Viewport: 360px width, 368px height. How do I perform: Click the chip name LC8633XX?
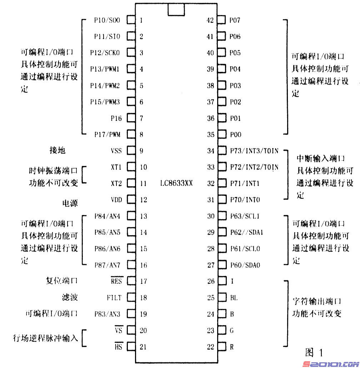coord(176,183)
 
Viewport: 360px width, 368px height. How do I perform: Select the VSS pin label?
coord(116,151)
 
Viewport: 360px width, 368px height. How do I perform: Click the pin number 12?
coord(143,200)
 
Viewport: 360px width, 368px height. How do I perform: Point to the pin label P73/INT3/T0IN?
coord(254,151)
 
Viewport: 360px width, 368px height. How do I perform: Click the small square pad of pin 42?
coord(222,20)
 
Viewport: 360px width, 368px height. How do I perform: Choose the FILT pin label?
coord(114,298)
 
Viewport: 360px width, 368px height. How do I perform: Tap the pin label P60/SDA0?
coord(245,265)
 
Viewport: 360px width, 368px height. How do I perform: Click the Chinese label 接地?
coord(57,150)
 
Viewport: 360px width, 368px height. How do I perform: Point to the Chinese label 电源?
coord(70,203)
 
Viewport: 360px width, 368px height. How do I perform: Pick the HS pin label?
coord(118,347)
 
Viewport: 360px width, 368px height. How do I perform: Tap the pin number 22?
coord(211,347)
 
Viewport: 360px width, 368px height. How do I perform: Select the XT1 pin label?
coord(116,167)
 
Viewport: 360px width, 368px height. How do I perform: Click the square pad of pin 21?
coord(131,347)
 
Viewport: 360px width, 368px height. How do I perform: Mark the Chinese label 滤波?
coord(69,297)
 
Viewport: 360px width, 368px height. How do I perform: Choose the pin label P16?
coord(116,118)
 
